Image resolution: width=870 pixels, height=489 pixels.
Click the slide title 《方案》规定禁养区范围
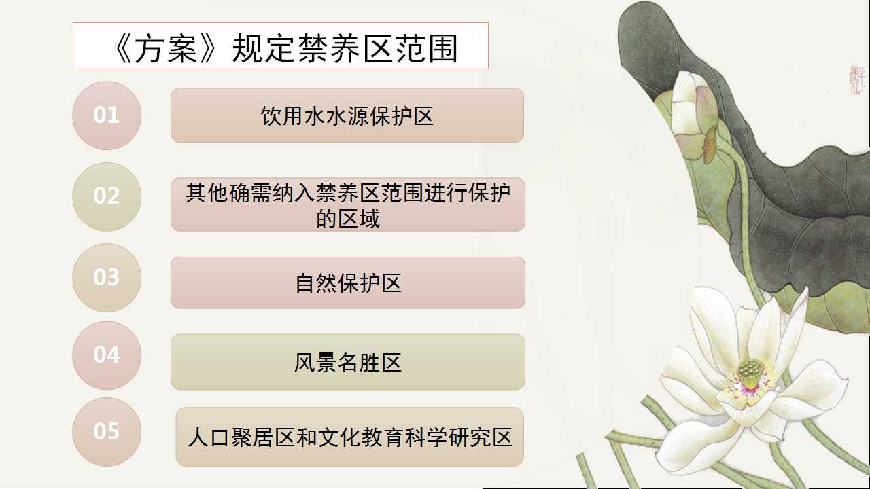click(286, 48)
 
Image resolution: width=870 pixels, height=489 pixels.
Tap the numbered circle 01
click(107, 115)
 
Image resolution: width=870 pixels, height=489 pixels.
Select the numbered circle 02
click(107, 197)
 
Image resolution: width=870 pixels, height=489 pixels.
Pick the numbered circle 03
click(107, 278)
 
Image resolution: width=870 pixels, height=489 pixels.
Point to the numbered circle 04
click(107, 355)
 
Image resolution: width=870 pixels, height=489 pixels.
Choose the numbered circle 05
click(107, 432)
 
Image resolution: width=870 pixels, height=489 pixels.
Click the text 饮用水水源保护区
click(347, 116)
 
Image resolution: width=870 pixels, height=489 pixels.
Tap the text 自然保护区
click(348, 283)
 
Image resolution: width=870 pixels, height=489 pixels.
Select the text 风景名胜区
click(348, 363)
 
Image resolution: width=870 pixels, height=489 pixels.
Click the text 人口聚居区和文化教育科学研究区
click(349, 437)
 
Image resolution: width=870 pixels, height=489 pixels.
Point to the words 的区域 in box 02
click(348, 219)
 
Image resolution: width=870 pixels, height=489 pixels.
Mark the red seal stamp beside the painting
click(856, 80)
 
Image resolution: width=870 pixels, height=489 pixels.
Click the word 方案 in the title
click(167, 49)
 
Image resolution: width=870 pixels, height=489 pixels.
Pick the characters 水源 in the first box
click(347, 116)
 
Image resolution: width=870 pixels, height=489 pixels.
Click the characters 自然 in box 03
click(316, 283)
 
